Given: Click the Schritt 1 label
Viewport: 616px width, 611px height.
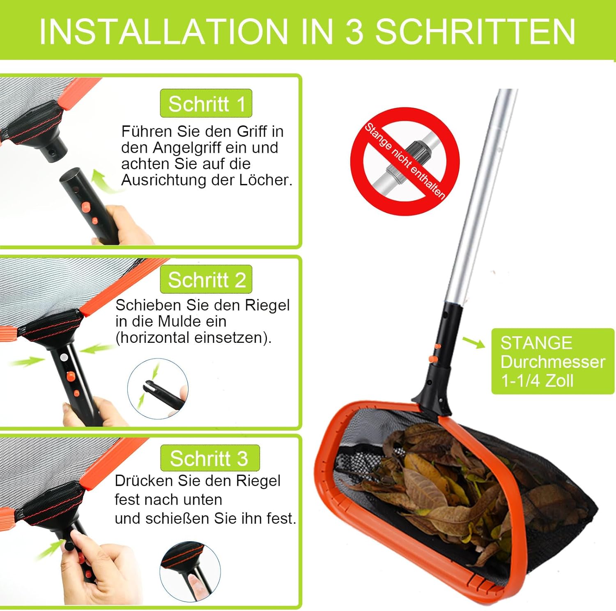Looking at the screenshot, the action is coord(206,103).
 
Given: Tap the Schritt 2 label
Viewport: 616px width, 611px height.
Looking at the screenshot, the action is coord(206,280).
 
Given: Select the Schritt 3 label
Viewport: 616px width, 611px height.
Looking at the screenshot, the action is coord(210,458).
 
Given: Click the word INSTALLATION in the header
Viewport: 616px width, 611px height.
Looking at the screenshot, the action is coord(163,32).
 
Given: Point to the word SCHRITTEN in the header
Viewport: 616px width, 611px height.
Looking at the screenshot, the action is coord(475,32).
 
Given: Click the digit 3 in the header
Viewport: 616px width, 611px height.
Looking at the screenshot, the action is coord(354,32).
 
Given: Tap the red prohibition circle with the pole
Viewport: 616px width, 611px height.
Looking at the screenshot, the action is coord(405,161).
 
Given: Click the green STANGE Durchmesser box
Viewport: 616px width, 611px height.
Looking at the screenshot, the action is coord(553,361).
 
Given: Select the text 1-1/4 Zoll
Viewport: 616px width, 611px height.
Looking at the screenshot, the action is coord(537,381).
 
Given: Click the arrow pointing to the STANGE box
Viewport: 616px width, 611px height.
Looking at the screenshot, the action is coord(474,342).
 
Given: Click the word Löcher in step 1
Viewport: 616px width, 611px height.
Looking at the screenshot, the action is coord(266,180).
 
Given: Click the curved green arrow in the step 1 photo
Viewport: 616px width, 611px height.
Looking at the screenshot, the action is coord(104,181).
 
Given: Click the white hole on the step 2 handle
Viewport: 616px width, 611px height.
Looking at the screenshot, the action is coord(63,357).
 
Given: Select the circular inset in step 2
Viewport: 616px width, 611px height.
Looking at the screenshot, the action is coord(158,389).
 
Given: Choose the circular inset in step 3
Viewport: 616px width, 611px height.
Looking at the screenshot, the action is coord(190,572).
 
